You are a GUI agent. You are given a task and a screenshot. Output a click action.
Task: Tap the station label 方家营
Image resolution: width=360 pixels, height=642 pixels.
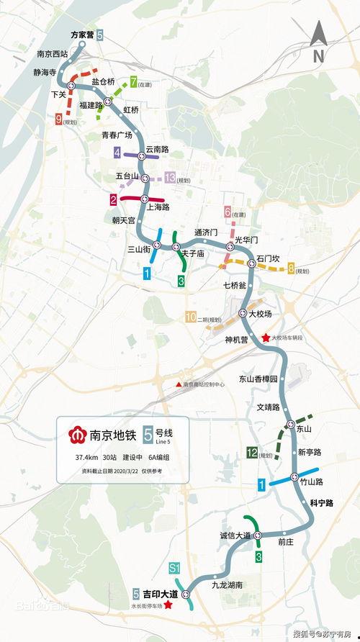tap(83, 35)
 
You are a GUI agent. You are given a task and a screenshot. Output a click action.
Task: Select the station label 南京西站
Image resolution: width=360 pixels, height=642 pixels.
tap(52, 53)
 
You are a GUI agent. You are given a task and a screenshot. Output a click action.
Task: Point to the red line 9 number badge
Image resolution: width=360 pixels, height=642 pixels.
tap(58, 122)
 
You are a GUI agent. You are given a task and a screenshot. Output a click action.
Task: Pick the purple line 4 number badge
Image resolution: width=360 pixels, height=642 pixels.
tap(117, 153)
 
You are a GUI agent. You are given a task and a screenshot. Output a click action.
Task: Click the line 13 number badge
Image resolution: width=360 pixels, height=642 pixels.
tap(170, 178)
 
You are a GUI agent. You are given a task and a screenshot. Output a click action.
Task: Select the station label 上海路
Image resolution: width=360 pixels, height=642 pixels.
tap(158, 207)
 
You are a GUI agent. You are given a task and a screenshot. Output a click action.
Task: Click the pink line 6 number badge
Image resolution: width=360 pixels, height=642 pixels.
tap(228, 212)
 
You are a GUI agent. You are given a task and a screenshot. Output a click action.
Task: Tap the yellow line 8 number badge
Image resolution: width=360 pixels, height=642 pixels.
tap(291, 270)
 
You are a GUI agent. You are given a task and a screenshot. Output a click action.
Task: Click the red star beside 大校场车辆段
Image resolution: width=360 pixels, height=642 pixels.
tap(266, 338)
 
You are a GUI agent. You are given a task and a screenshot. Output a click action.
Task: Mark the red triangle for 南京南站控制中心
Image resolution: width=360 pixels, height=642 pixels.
tap(179, 384)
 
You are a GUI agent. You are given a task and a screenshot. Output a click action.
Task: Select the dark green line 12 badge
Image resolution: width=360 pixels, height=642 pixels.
tap(252, 452)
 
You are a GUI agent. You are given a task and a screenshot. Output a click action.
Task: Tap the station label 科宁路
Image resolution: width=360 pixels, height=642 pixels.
tap(321, 502)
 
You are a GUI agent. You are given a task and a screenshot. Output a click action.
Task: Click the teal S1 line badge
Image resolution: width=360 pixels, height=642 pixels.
tap(174, 569)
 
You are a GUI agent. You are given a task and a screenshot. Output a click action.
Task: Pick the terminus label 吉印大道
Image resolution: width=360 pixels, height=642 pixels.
tap(161, 594)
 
